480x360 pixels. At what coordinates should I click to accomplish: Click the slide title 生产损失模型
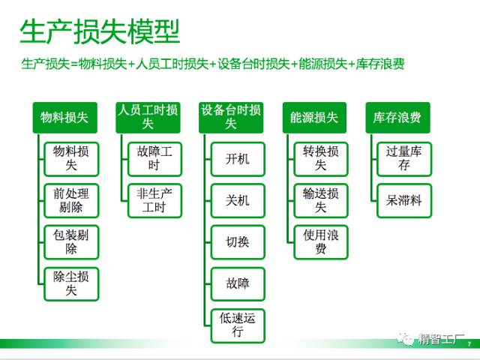pos(100,31)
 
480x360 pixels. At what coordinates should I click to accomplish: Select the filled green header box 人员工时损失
pos(148,118)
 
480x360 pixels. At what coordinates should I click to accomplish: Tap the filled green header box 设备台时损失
pos(231,118)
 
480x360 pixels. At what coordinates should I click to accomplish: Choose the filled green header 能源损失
pos(314,118)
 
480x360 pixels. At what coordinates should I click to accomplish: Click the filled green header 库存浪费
pos(397,118)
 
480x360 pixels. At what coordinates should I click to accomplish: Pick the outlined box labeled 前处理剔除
pos(71,200)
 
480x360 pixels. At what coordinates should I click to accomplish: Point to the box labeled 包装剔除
pos(71,242)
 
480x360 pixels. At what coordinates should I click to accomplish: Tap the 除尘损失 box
pos(71,283)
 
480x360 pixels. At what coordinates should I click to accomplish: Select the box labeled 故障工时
pos(154,159)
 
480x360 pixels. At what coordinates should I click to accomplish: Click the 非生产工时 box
pos(154,200)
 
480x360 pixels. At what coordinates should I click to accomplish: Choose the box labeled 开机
pos(238,159)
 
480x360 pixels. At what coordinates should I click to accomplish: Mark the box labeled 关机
pos(238,200)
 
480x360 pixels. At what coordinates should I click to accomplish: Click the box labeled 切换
pos(238,242)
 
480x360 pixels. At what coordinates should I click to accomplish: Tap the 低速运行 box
pos(238,325)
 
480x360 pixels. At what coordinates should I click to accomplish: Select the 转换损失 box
pos(321,159)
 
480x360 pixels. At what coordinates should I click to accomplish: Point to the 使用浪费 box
pos(321,242)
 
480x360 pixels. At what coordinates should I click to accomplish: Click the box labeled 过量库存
pos(404,159)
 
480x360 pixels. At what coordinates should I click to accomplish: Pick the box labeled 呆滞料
pos(404,200)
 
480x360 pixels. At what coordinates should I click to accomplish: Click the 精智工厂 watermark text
pos(441,339)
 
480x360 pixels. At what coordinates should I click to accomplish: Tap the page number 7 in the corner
pos(469,344)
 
